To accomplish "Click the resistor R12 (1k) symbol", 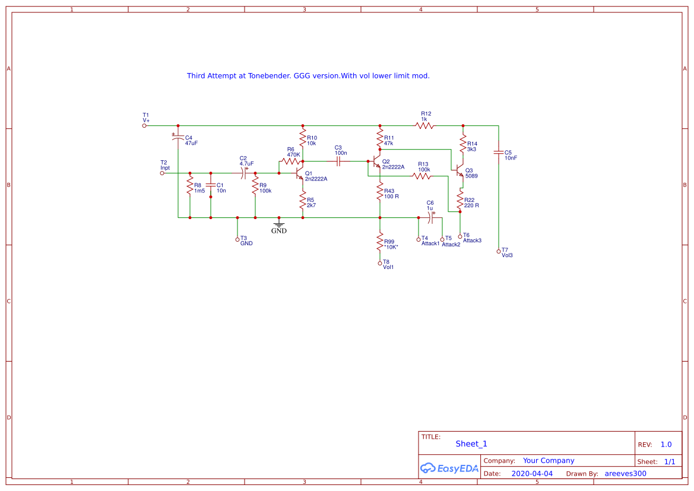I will [x=424, y=126].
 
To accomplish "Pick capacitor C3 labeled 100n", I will [x=338, y=160].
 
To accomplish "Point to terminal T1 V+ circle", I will [x=144, y=126].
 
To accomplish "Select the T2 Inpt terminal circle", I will [x=162, y=173].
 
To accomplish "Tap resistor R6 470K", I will [x=291, y=160].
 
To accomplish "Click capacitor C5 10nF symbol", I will [x=499, y=152].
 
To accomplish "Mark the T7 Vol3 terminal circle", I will [x=499, y=252].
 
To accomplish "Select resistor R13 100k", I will [x=422, y=176].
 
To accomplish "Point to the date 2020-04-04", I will [x=532, y=474].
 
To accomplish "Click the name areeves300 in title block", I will [x=625, y=474].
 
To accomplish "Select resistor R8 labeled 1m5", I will [x=189, y=188].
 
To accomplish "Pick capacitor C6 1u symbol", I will [x=432, y=217].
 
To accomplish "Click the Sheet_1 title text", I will [x=471, y=444].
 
